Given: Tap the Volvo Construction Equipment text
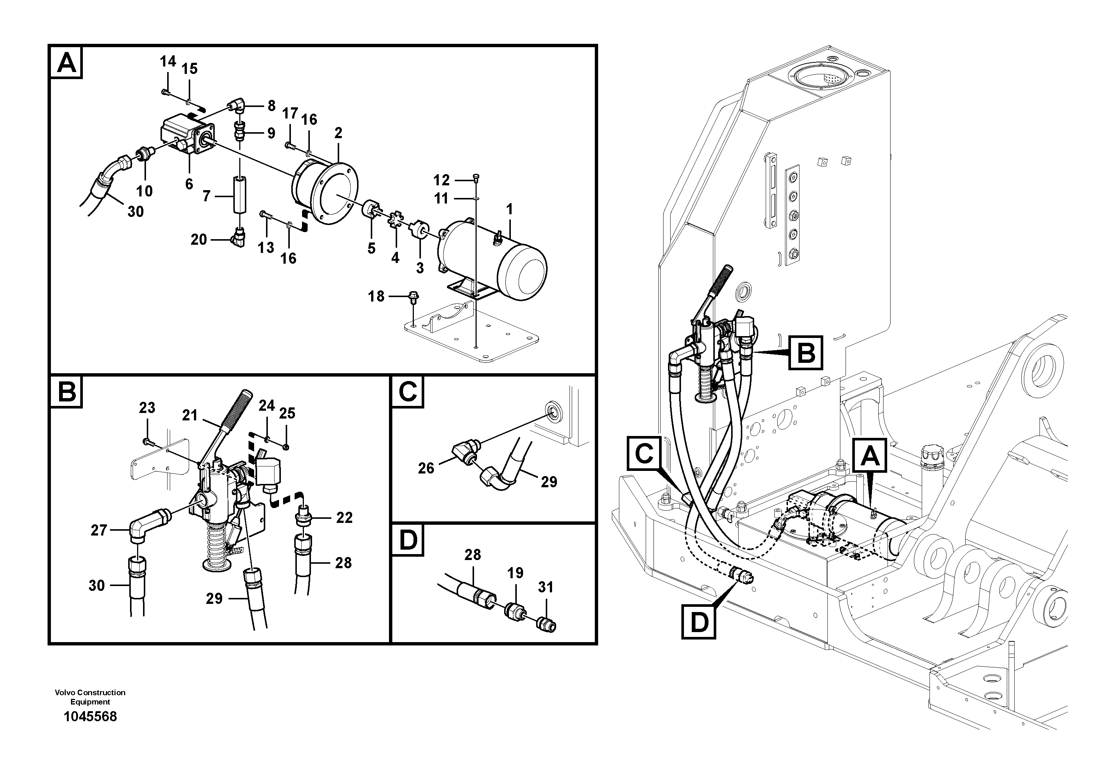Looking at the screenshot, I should coord(90,697).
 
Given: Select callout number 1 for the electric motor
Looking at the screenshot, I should coord(509,209).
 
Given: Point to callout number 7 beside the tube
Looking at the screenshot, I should coord(207,196).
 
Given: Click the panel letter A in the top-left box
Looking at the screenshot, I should coord(67,63).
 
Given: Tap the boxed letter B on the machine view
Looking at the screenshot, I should coord(806,353).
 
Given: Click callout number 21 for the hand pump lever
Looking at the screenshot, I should coord(190,415).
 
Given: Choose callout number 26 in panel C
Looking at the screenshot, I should coord(426,468).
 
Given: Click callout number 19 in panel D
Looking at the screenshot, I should coord(515,573).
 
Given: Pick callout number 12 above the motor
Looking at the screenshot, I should coord(441,180).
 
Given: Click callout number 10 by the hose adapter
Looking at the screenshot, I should coord(144,191).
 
